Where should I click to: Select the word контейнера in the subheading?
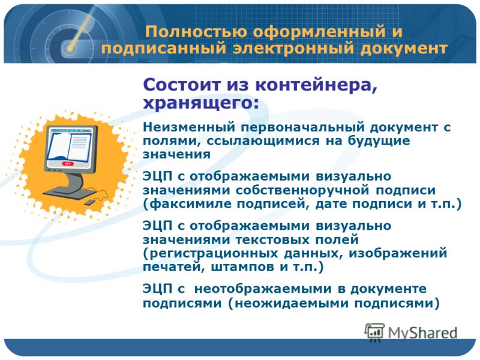pyautogui.click(x=316, y=85)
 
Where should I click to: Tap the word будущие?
pyautogui.click(x=379, y=141)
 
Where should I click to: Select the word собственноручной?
pyautogui.click(x=302, y=190)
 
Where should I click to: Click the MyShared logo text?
pyautogui.click(x=423, y=333)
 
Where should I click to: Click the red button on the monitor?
pyautogui.click(x=67, y=164)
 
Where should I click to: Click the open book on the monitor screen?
pyautogui.click(x=70, y=145)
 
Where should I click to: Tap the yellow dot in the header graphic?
pyautogui.click(x=70, y=49)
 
